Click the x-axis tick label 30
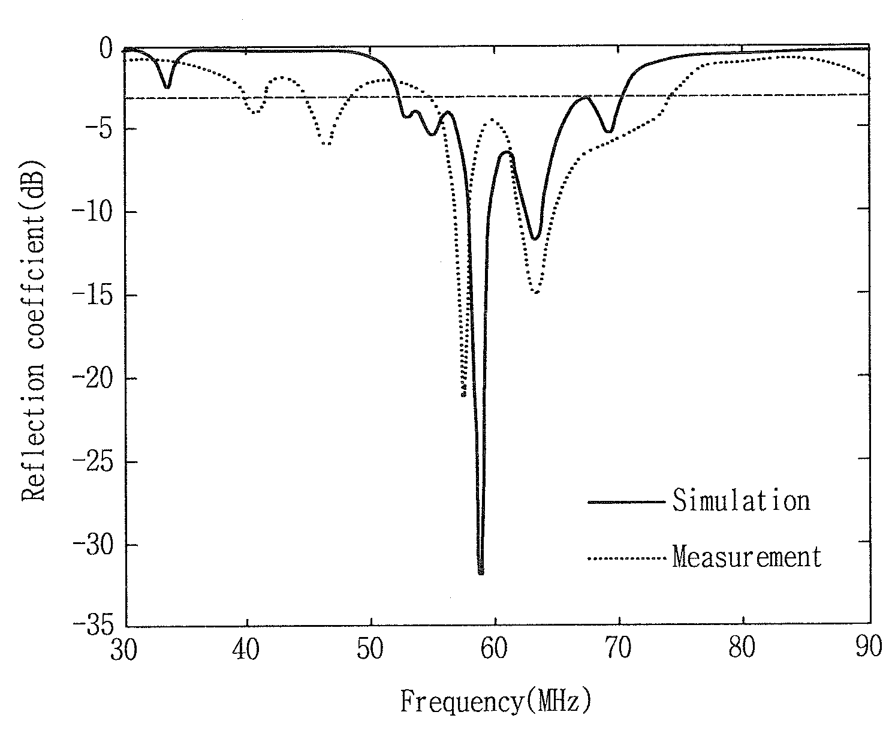click(x=123, y=649)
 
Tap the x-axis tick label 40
click(x=246, y=648)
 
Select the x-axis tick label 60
click(x=494, y=648)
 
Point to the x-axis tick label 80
click(x=742, y=647)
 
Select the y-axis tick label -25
click(x=94, y=462)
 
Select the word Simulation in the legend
click(x=742, y=500)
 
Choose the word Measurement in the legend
click(x=747, y=556)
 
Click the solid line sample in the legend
click(x=626, y=502)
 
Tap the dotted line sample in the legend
click(x=626, y=558)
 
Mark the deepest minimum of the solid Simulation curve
click(x=481, y=572)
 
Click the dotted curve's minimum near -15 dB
click(x=537, y=292)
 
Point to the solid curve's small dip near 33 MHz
click(x=167, y=86)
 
